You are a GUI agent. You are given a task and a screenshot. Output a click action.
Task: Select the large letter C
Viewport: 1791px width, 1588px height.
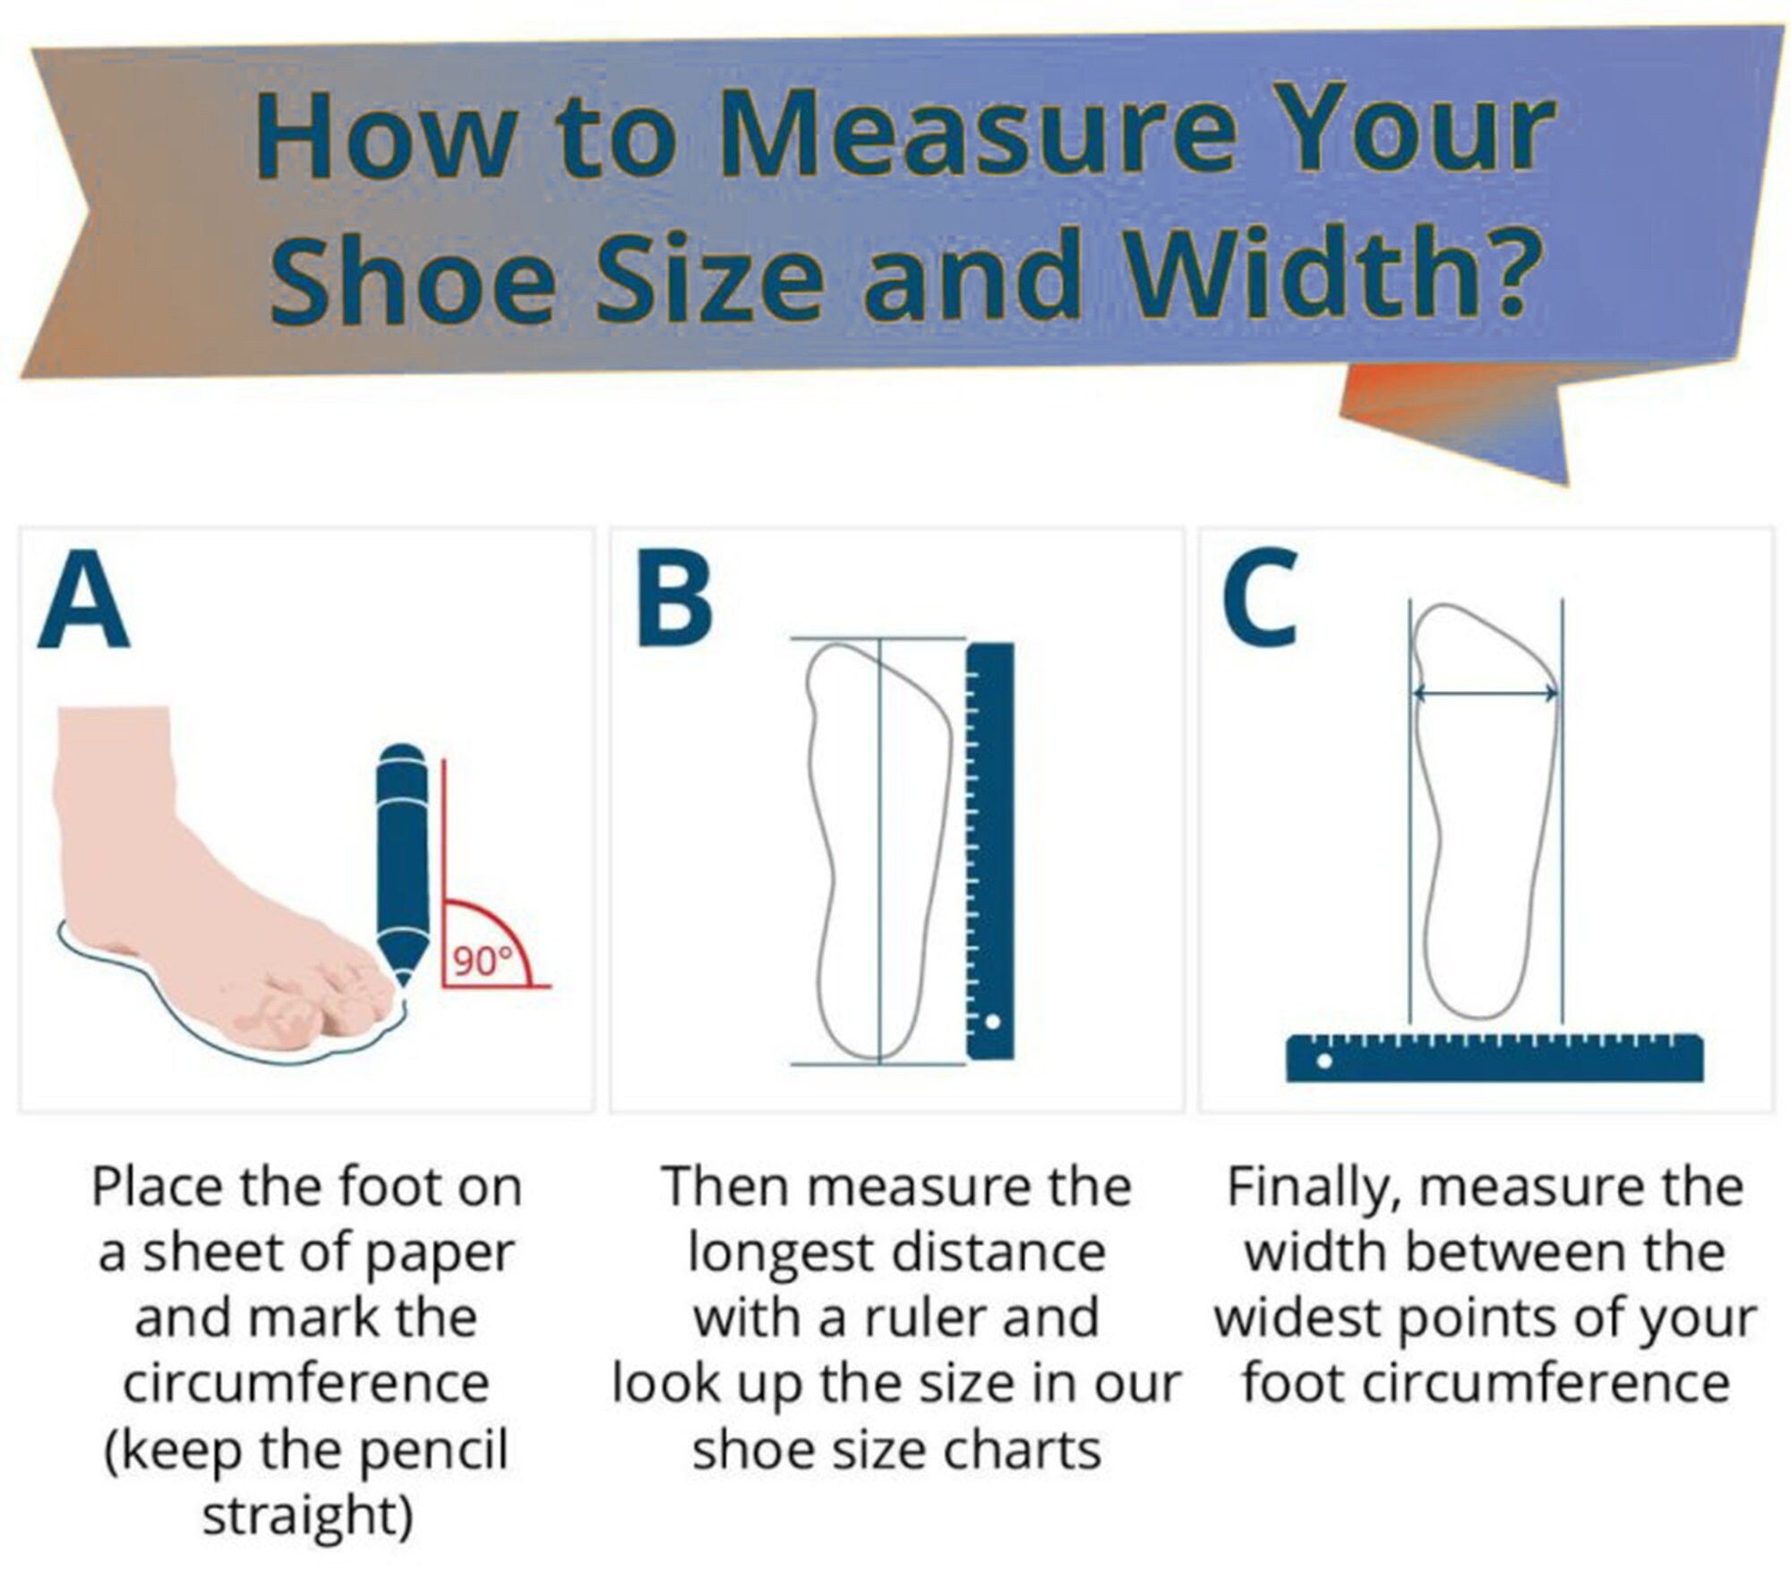click(x=1260, y=598)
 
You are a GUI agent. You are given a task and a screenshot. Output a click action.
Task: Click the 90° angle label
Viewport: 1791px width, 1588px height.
click(x=482, y=961)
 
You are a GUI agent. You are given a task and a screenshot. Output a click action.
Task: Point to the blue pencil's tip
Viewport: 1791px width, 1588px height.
click(x=403, y=983)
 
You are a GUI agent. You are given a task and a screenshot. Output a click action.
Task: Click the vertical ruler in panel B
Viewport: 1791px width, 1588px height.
click(x=990, y=851)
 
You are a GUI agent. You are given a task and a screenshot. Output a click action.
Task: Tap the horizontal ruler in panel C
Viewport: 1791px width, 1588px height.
click(x=1495, y=1057)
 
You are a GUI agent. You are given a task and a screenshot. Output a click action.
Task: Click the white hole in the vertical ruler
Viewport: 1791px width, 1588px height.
click(x=991, y=1021)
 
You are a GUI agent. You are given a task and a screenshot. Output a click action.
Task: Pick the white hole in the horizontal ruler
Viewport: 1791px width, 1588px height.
click(x=1324, y=1062)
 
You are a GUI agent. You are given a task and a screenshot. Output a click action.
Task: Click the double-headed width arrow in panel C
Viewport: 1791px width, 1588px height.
click(x=1486, y=693)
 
